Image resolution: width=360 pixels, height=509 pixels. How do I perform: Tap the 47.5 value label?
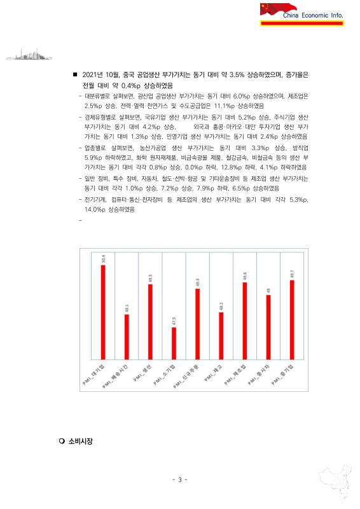(x=174, y=321)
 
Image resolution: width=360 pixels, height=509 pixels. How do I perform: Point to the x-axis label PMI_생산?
(x=142, y=375)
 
